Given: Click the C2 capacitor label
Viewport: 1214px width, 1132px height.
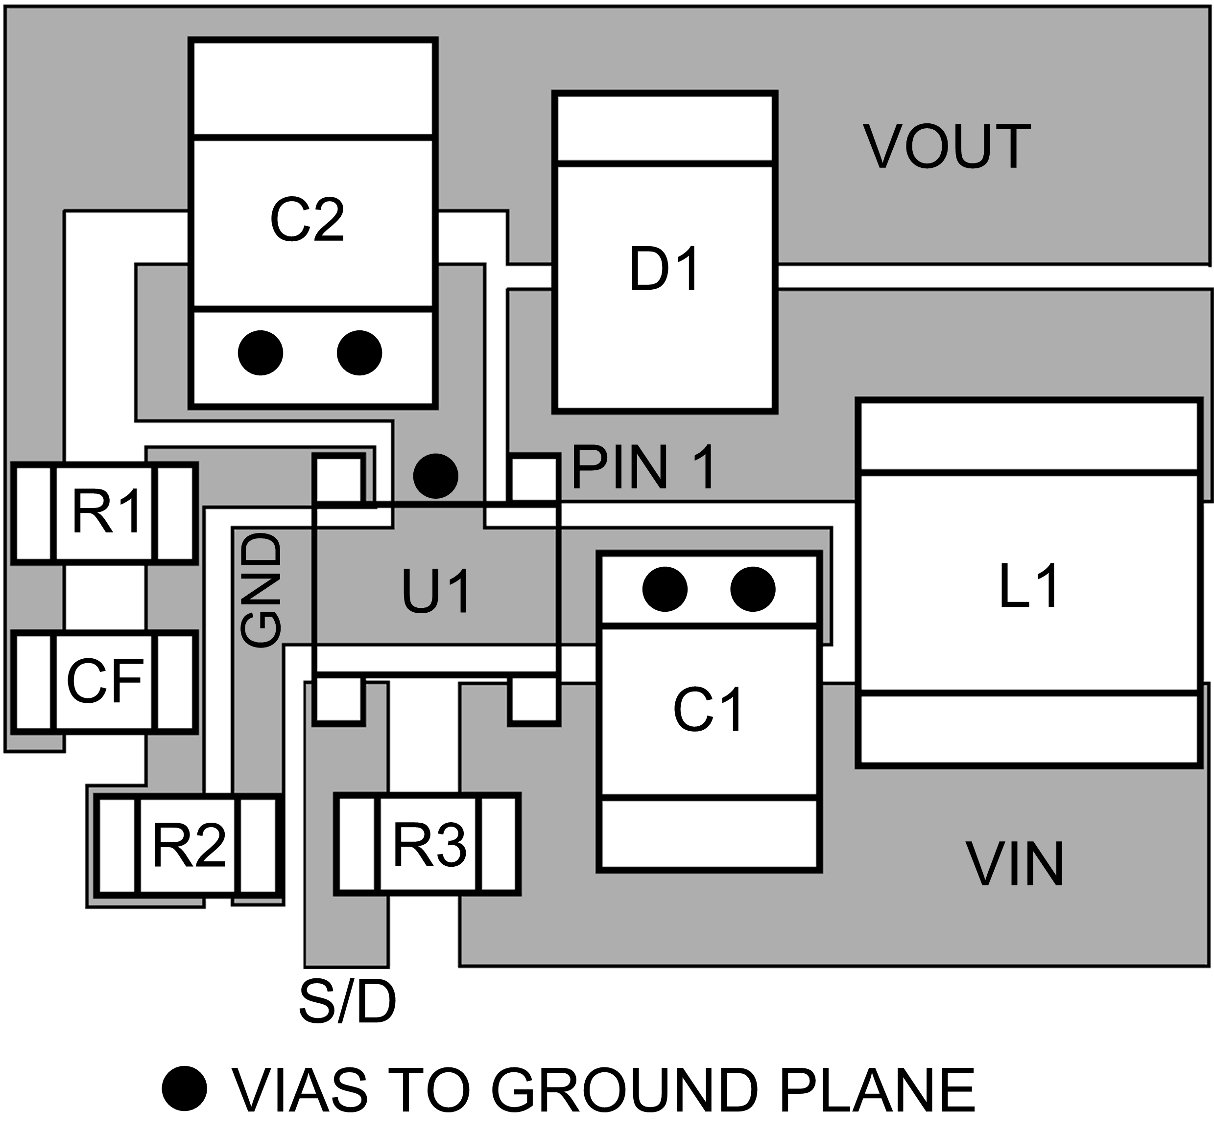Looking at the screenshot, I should pyautogui.click(x=307, y=220).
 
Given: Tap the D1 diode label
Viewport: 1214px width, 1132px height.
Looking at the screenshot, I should pyautogui.click(x=665, y=269).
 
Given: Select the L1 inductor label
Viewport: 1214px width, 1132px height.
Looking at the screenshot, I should pyautogui.click(x=1028, y=586).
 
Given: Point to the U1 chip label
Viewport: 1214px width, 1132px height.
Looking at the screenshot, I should pyautogui.click(x=436, y=591).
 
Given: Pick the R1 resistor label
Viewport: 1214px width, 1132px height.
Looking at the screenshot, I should pyautogui.click(x=106, y=512).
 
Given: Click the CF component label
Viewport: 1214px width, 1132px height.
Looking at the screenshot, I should pyautogui.click(x=105, y=681).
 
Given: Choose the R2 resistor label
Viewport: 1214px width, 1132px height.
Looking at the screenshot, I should pyautogui.click(x=189, y=845).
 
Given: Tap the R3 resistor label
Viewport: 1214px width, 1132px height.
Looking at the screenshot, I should pyautogui.click(x=429, y=845).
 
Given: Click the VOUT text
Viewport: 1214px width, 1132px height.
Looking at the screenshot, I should pyautogui.click(x=947, y=147).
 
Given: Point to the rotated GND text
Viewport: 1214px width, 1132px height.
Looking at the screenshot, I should pyautogui.click(x=261, y=590).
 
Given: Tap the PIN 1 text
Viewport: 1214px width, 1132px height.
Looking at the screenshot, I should pyautogui.click(x=643, y=468).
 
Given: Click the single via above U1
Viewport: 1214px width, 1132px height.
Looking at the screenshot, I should pyautogui.click(x=435, y=475).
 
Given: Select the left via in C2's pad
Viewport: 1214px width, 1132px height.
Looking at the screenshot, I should pyautogui.click(x=261, y=353).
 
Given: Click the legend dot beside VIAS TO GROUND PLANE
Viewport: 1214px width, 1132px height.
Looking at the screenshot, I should pyautogui.click(x=185, y=1088).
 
